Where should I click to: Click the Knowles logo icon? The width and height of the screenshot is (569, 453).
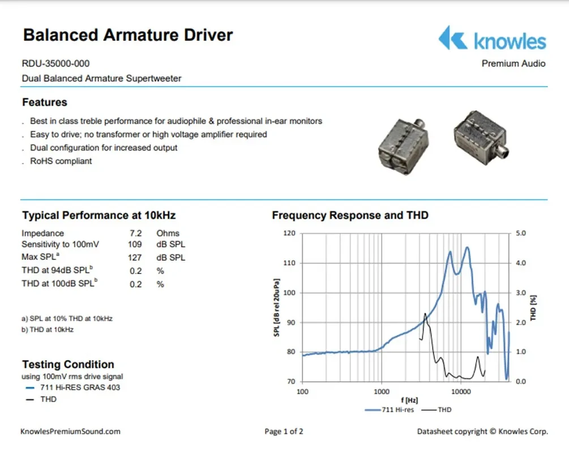pos(452,38)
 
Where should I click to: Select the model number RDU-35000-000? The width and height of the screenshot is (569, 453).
pos(55,63)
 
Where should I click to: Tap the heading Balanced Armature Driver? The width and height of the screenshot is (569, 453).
pos(127,35)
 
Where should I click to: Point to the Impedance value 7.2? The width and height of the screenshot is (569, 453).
pos(135,233)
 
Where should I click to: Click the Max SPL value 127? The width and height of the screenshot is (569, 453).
pos(135,258)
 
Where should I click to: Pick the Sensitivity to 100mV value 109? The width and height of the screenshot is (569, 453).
pos(135,245)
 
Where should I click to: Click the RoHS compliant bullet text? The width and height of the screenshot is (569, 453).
pos(61,161)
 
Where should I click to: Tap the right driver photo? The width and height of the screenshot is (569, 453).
pos(480,136)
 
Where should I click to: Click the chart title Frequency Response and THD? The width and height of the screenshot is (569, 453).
pos(350,215)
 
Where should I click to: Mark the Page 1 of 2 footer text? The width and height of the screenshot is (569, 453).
pos(284,431)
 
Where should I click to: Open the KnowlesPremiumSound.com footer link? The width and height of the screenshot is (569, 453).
pos(70,431)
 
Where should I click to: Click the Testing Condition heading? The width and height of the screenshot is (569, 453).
pos(68,365)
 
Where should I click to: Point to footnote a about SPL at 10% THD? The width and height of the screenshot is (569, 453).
pos(67,318)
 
